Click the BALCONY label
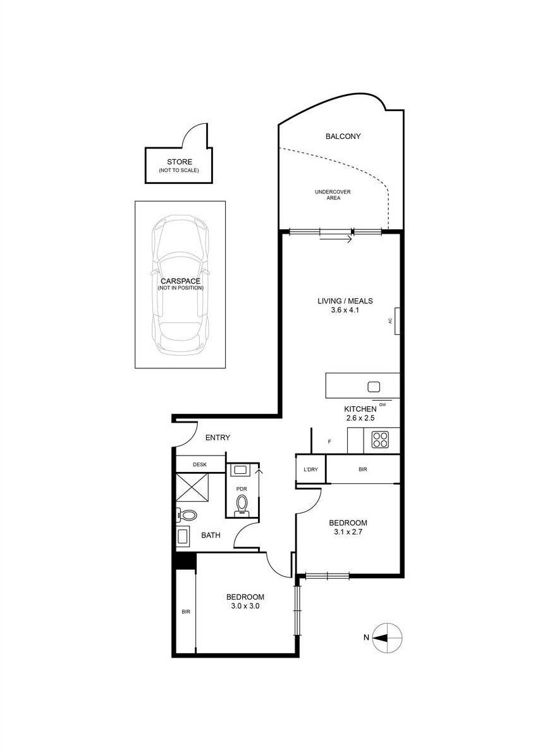tap(343, 136)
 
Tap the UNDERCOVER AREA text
tap(333, 195)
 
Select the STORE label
tap(179, 162)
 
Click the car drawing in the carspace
tap(180, 284)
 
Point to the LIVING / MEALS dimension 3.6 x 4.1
tap(345, 310)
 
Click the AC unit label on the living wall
tap(391, 320)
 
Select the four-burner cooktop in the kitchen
tap(380, 439)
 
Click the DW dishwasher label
tap(383, 404)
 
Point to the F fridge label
tap(329, 442)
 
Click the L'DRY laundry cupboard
tap(310, 469)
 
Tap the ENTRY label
tap(217, 437)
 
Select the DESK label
tap(199, 464)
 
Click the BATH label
tap(211, 535)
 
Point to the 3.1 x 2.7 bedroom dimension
tap(348, 532)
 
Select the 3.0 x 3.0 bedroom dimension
tap(245, 605)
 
